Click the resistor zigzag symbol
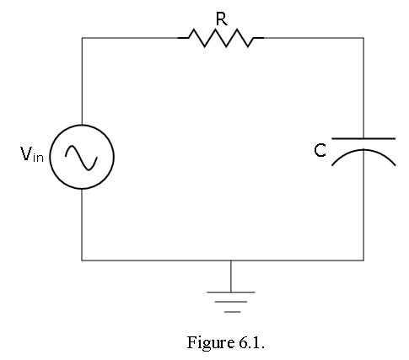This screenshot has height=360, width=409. pos(221,38)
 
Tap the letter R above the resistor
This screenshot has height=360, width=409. pos(222,19)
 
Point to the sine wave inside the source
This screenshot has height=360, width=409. pos(81,158)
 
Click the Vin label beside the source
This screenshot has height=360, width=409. pos(32,154)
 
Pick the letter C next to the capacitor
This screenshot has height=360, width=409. pos(320,150)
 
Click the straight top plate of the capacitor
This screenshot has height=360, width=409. pos(363,138)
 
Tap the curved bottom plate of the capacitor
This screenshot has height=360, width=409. pos(363,150)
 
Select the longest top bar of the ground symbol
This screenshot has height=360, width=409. pos(231,293)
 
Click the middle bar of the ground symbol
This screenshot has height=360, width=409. pos(231,302)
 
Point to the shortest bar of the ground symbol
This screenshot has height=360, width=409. pos(233,312)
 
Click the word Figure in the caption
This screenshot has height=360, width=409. pos(210,342)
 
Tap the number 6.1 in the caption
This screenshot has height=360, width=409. pos(251,342)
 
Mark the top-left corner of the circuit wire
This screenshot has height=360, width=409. pos(82,38)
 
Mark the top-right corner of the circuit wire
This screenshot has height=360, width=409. pos(363,38)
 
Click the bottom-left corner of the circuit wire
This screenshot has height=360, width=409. pos(82,261)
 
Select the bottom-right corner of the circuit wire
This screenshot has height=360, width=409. pos(363,261)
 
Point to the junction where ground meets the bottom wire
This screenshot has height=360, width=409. pos(231,261)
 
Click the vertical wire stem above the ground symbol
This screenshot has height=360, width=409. pos(231,277)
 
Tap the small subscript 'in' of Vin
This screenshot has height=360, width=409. pos(38,157)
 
